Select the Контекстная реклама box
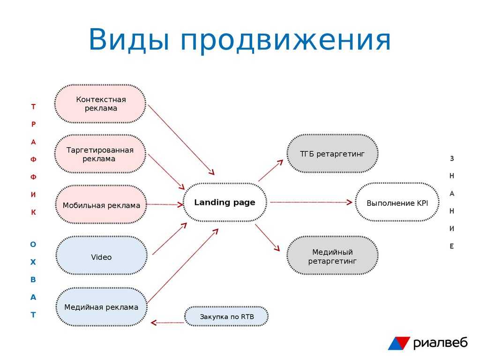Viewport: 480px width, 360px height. (x=100, y=104)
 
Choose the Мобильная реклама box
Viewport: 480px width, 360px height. (x=101, y=205)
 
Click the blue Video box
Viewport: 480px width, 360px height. (x=101, y=257)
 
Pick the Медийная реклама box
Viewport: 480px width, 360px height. (x=101, y=307)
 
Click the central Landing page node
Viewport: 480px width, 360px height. (x=225, y=202)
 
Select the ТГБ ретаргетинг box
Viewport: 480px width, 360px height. (x=332, y=154)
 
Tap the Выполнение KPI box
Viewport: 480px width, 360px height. (x=397, y=203)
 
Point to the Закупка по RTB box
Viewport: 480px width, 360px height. (x=226, y=316)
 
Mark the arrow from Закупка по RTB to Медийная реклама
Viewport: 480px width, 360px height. (x=167, y=322)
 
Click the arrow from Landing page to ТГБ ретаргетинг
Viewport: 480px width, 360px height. (x=270, y=171)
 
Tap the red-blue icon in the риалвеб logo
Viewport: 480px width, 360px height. (x=398, y=343)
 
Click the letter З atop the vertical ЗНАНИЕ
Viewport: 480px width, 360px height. (x=452, y=158)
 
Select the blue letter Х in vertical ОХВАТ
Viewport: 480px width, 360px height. (x=33, y=262)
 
